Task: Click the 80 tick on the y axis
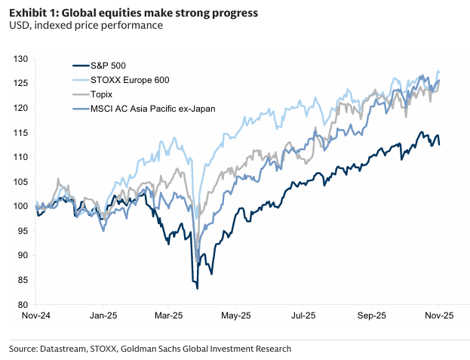coord(23,305)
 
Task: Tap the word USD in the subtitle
coord(19,26)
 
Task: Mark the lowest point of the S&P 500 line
coord(197,288)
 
